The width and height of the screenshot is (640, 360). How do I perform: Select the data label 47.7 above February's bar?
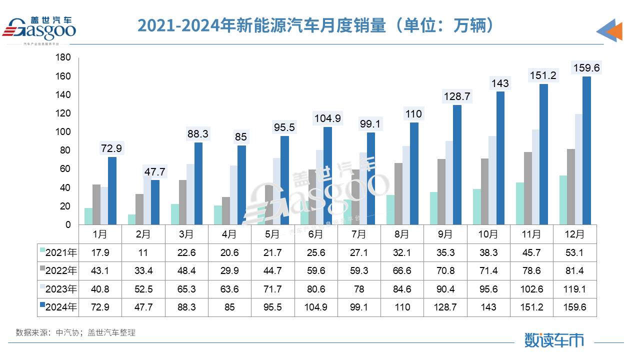[154, 172]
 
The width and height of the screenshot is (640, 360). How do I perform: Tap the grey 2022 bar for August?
[398, 193]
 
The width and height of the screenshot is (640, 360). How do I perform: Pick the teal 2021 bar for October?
[477, 206]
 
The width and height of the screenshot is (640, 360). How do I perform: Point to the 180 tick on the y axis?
[63, 57]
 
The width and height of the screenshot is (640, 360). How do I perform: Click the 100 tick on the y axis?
[63, 132]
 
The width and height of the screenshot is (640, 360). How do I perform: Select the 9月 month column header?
[445, 234]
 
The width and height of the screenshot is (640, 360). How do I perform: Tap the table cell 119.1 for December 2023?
[574, 289]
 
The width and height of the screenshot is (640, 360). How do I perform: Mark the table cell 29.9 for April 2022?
[229, 271]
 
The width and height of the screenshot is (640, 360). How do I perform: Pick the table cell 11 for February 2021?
[143, 253]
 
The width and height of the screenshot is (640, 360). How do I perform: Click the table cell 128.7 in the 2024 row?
[445, 307]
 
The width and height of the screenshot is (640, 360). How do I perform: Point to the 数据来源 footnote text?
[75, 332]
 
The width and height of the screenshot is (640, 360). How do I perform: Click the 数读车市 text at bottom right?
[554, 340]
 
